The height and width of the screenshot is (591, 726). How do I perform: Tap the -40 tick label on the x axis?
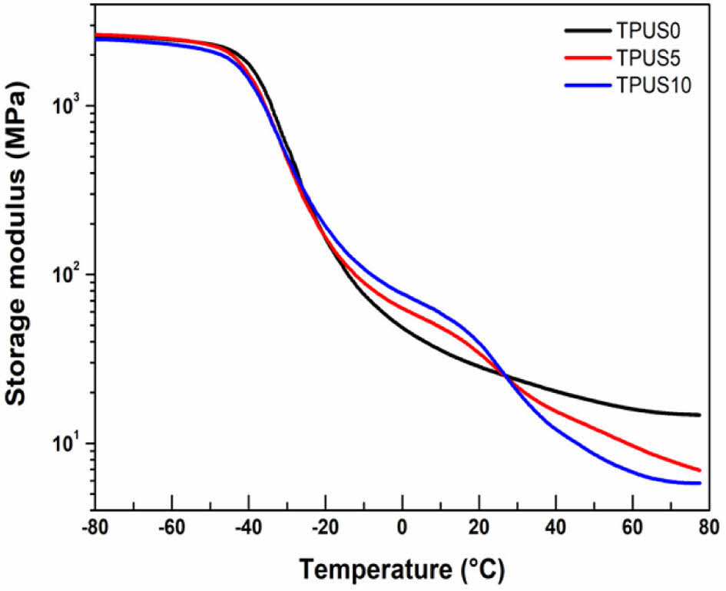[x=247, y=529]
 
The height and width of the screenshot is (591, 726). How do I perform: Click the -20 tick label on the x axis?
[x=324, y=529]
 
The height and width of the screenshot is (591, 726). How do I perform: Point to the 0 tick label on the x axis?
[x=402, y=529]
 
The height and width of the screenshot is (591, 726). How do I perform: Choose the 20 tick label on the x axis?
[x=479, y=529]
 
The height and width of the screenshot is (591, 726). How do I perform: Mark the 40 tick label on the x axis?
[x=555, y=529]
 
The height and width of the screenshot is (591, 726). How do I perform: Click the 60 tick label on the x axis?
[x=632, y=529]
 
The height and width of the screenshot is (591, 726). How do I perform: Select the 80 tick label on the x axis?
[x=708, y=529]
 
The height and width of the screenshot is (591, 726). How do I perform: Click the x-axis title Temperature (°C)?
[x=401, y=569]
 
